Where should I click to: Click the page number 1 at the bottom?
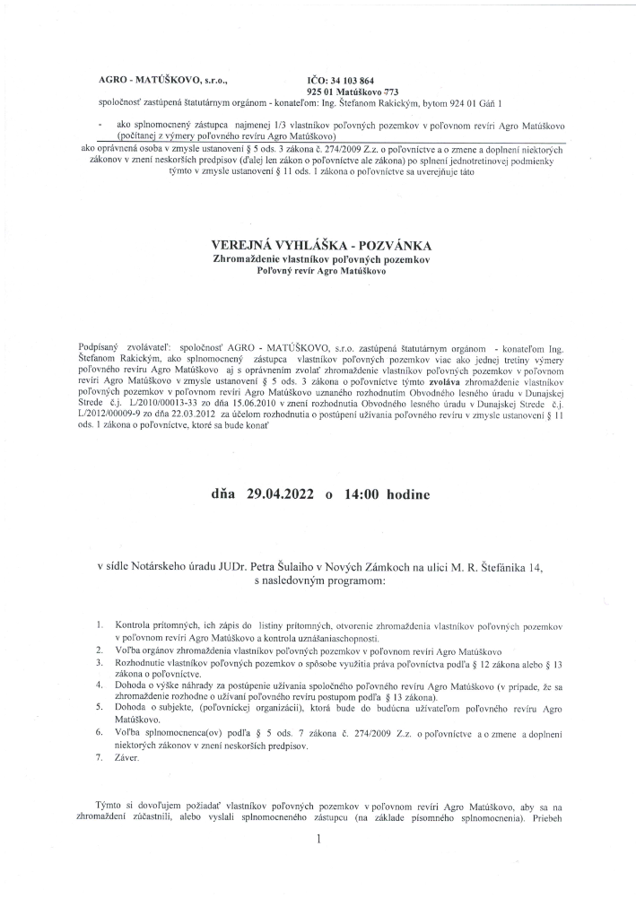pyautogui.click(x=318, y=840)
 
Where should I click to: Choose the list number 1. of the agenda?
pyautogui.click(x=99, y=623)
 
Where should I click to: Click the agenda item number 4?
pyautogui.click(x=99, y=684)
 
